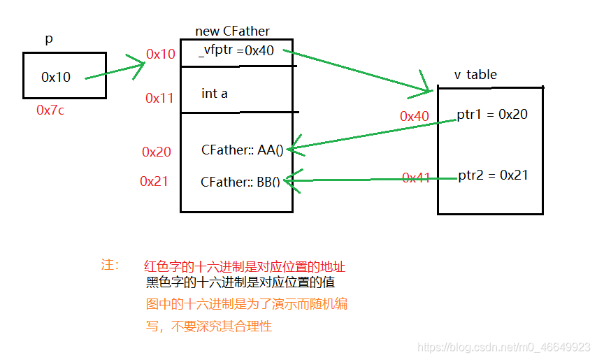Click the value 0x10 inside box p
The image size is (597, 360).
click(56, 78)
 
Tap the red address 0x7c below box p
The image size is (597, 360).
click(50, 110)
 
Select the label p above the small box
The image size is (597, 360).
click(49, 39)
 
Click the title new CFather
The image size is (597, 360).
click(232, 31)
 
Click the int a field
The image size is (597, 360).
click(215, 93)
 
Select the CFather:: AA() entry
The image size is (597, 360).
click(241, 150)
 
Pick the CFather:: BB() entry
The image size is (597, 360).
click(240, 182)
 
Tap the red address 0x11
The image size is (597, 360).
click(159, 99)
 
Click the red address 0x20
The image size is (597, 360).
click(156, 152)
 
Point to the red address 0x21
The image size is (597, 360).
click(154, 181)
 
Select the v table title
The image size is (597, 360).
click(476, 75)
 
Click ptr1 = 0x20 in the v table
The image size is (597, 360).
click(492, 114)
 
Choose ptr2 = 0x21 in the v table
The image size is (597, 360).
click(493, 175)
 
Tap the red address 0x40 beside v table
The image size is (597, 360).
click(414, 117)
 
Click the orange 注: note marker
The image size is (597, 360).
click(110, 265)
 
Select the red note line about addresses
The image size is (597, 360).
click(245, 266)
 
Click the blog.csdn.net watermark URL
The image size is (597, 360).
click(503, 347)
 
